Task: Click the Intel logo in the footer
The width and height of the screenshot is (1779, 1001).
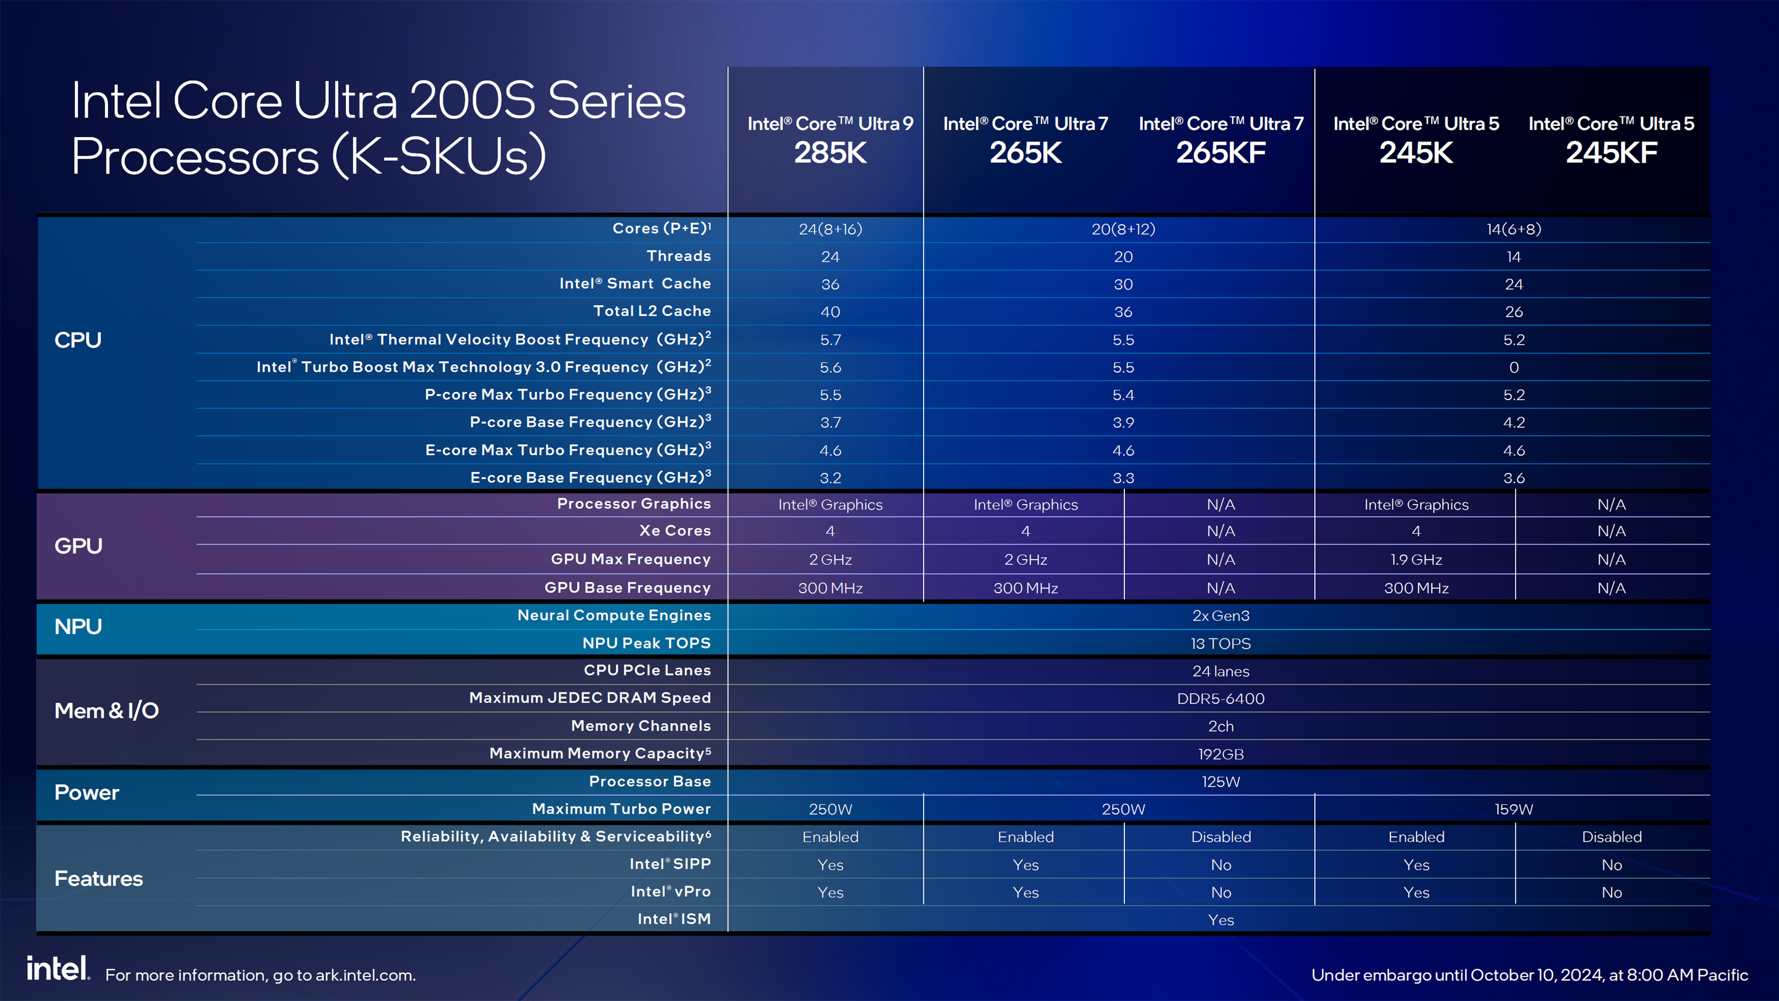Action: tap(58, 969)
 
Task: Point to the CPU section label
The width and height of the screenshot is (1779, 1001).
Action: tap(78, 340)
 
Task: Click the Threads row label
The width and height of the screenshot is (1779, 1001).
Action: tap(678, 256)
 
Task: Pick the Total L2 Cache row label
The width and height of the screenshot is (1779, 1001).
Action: tap(652, 311)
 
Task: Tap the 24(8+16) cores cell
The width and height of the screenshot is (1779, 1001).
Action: tap(830, 229)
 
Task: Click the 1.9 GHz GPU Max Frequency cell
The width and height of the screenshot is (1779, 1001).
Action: tap(1416, 559)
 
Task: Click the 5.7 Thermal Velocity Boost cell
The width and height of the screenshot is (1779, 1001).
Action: tap(830, 340)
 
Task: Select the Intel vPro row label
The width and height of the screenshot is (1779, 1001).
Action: tap(670, 892)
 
